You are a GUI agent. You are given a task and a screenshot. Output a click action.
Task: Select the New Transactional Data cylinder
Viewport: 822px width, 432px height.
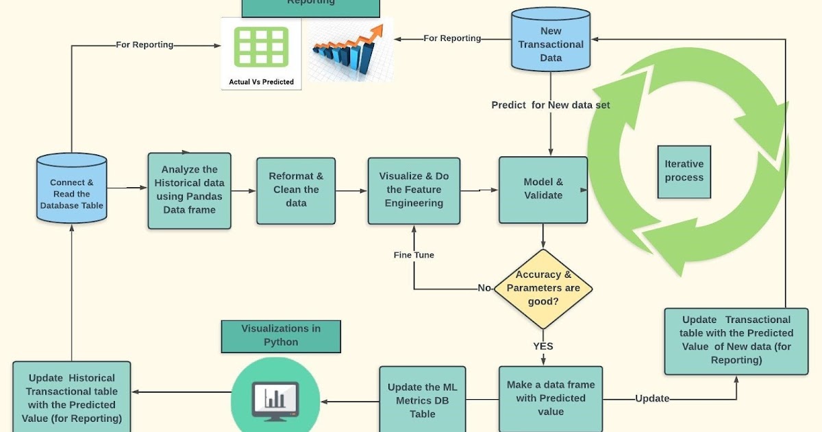551,40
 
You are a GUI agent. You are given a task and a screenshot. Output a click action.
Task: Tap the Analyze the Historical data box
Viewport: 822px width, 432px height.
189,190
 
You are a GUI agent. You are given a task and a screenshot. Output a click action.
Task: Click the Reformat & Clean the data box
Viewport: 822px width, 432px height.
296,190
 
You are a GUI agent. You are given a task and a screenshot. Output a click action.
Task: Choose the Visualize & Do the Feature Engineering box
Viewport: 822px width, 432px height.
414,190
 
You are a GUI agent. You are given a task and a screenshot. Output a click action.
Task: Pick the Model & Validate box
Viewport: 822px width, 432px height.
543,189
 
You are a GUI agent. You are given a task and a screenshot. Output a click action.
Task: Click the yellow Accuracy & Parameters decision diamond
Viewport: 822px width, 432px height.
543,288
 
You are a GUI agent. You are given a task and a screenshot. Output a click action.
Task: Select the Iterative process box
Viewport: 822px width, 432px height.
684,171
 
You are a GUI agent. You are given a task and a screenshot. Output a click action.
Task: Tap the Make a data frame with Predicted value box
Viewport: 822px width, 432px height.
551,398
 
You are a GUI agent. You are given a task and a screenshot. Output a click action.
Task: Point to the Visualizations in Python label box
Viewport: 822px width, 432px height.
281,335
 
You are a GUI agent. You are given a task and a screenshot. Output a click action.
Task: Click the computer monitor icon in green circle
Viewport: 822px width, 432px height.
275,397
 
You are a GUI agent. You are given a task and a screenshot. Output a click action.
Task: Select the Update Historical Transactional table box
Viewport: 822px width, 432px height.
72,398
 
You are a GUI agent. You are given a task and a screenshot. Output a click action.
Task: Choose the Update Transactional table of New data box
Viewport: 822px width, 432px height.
736,340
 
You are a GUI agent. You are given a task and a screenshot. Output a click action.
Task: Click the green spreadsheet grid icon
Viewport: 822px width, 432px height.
261,47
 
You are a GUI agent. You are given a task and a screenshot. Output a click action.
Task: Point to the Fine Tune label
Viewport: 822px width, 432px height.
414,255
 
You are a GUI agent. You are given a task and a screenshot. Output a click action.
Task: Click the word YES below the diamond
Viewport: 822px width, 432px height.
543,346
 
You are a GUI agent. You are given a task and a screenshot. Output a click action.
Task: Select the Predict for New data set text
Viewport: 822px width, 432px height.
551,105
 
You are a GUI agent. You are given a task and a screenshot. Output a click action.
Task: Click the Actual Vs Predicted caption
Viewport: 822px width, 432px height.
261,82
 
